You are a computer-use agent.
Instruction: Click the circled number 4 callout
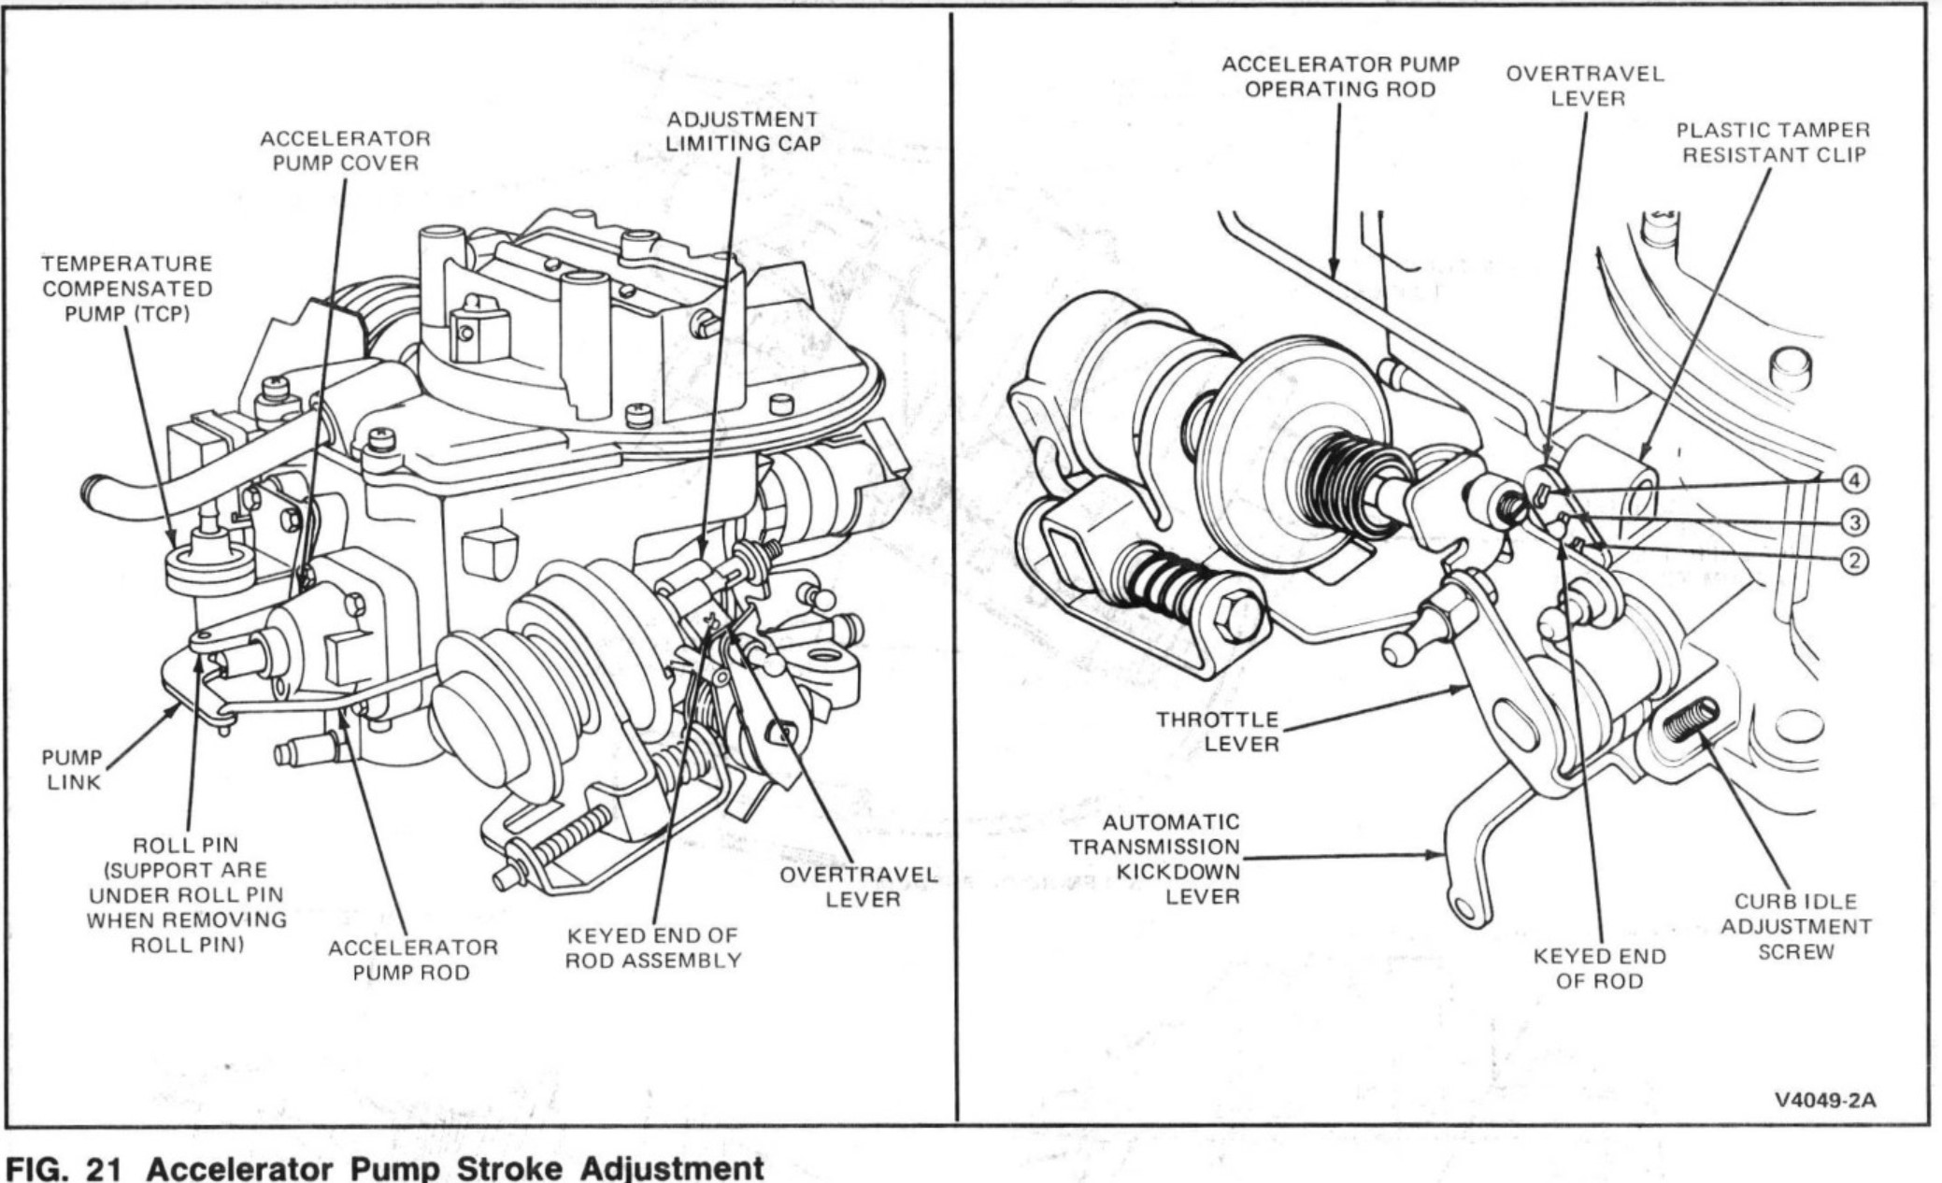[x=1854, y=480]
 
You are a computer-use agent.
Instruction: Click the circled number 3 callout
[x=1854, y=521]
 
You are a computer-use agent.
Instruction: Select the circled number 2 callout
[x=1854, y=561]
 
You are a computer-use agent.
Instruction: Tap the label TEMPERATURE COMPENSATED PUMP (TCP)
[x=127, y=289]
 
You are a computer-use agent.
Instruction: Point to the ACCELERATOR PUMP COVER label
[x=345, y=150]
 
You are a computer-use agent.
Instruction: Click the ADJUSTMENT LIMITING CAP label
[x=742, y=131]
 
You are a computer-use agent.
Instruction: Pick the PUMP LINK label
[x=72, y=769]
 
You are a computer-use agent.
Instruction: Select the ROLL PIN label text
[x=186, y=845]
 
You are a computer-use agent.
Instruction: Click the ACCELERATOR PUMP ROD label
[x=412, y=960]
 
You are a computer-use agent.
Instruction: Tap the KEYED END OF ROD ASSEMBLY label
[x=653, y=948]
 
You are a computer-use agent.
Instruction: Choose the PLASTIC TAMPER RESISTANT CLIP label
[x=1773, y=142]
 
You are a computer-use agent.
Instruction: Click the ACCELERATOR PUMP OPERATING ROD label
[x=1340, y=77]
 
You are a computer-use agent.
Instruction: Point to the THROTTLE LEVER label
[x=1217, y=732]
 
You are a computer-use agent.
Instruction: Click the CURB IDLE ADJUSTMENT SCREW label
[x=1795, y=926]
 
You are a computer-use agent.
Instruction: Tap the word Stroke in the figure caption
[x=485, y=1168]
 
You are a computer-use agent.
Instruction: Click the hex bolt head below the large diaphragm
[x=1235, y=617]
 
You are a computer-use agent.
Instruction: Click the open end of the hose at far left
[x=91, y=488]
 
